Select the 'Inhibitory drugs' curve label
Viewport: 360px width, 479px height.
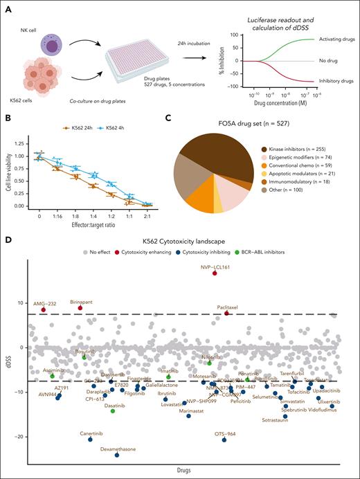pos(335,82)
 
